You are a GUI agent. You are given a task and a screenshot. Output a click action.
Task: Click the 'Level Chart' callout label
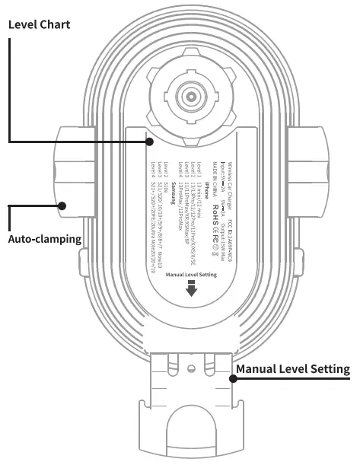(39, 24)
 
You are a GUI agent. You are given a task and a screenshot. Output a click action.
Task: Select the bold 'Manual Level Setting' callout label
(293, 369)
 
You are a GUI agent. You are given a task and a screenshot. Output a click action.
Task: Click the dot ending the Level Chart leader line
(150, 142)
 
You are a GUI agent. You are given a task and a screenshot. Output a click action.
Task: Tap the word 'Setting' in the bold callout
(329, 369)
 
